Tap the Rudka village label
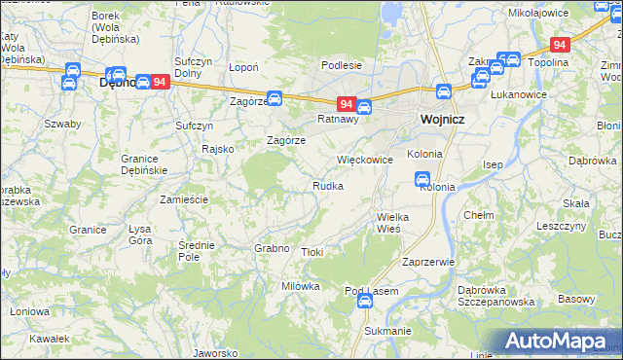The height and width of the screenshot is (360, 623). pyautogui.click(x=327, y=186)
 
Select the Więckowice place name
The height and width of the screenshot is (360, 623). pyautogui.click(x=364, y=159)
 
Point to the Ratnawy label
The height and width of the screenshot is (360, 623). pyautogui.click(x=339, y=120)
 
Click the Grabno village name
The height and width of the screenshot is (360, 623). pyautogui.click(x=273, y=248)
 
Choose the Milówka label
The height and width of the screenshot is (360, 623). pyautogui.click(x=300, y=286)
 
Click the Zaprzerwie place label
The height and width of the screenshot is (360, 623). pyautogui.click(x=428, y=263)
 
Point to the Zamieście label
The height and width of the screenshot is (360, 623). pyautogui.click(x=184, y=198)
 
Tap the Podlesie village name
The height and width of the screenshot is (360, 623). pyautogui.click(x=342, y=65)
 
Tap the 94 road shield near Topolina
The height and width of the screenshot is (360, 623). pyautogui.click(x=559, y=45)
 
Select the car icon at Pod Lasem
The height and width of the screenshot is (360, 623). pyautogui.click(x=364, y=302)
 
